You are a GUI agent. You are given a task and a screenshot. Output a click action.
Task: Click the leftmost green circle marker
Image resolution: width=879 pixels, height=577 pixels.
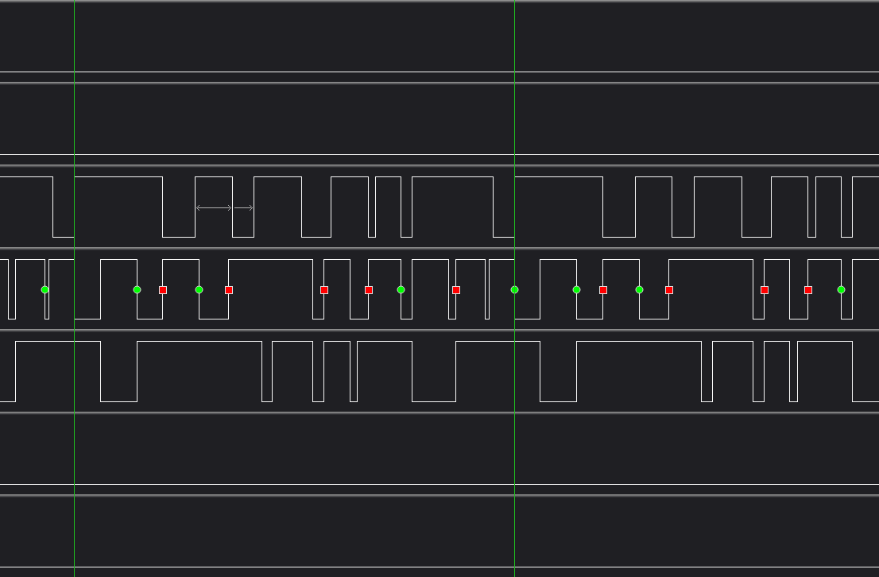pos(45,289)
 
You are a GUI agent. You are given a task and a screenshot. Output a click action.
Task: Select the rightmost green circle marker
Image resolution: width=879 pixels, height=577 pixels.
pos(841,289)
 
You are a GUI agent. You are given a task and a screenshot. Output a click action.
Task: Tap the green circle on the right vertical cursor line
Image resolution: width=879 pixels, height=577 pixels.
pos(514,289)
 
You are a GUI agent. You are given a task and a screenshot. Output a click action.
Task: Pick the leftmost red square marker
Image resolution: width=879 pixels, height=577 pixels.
pos(163,290)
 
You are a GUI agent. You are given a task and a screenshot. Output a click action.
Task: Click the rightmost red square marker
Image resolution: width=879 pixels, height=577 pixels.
pos(808,290)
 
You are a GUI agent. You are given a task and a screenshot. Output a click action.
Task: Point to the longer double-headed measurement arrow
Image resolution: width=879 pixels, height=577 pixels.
pos(214,208)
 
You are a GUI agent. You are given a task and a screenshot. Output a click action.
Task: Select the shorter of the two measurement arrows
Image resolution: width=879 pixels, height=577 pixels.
pos(244,208)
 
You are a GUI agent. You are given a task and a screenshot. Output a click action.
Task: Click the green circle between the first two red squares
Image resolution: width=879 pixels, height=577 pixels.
pos(199,289)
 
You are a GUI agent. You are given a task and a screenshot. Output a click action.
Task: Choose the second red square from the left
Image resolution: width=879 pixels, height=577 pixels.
pos(229,290)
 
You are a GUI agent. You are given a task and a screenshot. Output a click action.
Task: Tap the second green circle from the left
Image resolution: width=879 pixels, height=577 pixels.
pos(137,289)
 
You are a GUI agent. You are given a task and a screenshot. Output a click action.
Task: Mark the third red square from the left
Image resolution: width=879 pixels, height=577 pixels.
pos(324,290)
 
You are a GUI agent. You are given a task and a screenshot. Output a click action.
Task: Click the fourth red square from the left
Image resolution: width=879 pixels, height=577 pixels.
pos(369,290)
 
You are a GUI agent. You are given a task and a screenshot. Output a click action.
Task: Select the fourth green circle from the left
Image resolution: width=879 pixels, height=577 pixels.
pos(401,289)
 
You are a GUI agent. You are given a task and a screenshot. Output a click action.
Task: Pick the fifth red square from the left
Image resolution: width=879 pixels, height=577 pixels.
pos(456,290)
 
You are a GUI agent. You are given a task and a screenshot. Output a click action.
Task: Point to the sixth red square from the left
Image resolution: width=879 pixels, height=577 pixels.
pos(603,290)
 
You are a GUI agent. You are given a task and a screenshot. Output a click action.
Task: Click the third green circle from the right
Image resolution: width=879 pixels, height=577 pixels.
pos(576,289)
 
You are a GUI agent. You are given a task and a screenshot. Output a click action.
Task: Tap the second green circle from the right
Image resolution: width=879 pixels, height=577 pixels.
pos(639,289)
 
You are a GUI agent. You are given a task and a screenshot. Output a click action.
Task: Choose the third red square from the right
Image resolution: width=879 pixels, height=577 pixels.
pos(669,290)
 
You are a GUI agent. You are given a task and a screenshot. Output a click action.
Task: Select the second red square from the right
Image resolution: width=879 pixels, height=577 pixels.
pos(765,290)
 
